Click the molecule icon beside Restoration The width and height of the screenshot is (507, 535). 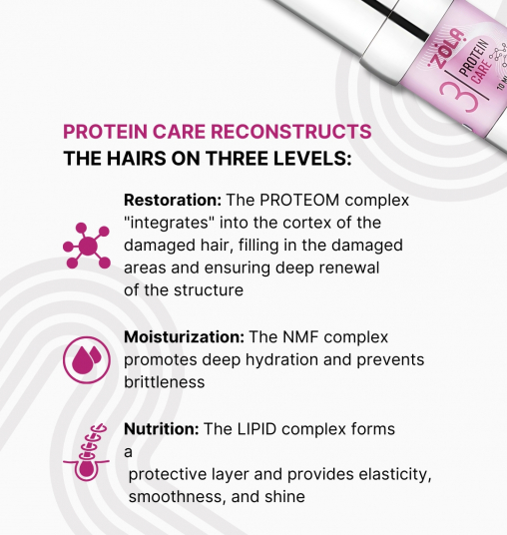point(86,246)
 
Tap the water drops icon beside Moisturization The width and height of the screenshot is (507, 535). point(86,359)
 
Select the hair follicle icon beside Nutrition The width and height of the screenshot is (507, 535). point(86,454)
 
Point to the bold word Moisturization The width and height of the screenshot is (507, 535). point(184,337)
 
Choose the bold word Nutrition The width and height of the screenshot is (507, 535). point(160,429)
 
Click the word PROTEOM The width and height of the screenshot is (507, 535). point(312,200)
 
